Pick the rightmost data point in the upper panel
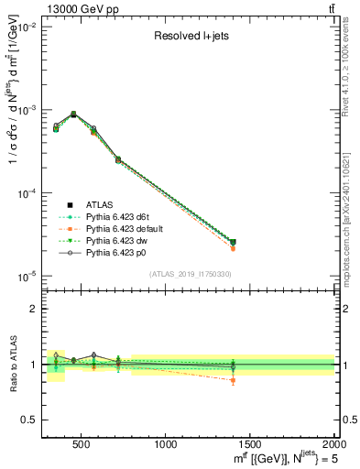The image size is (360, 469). pyautogui.click(x=233, y=243)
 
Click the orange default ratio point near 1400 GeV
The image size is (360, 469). pyautogui.click(x=233, y=380)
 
